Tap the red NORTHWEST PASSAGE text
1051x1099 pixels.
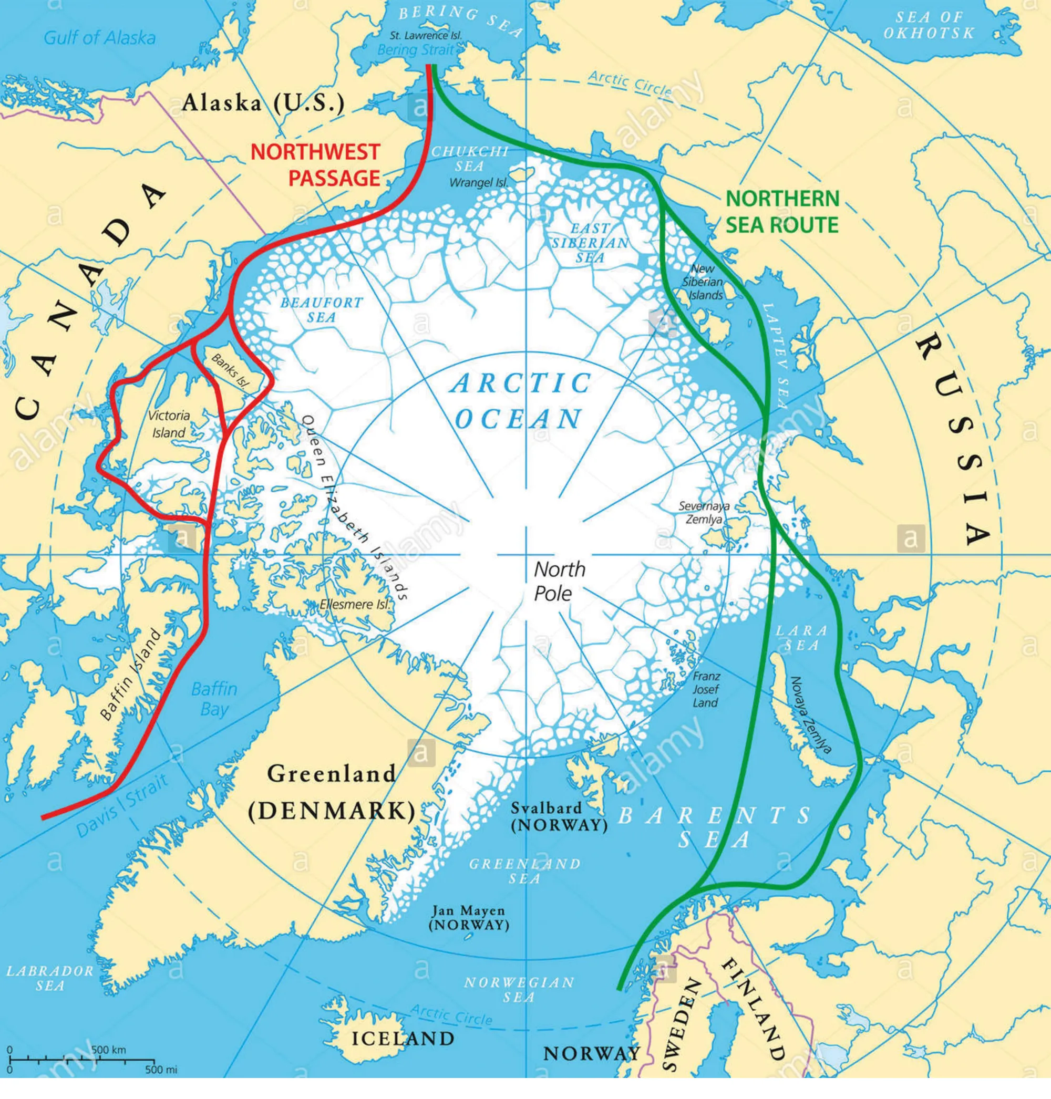pyautogui.click(x=315, y=165)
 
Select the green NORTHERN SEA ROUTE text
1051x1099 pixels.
pyautogui.click(x=782, y=212)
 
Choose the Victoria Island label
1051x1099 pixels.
pyautogui.click(x=169, y=424)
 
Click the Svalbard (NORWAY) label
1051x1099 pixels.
pyautogui.click(x=559, y=817)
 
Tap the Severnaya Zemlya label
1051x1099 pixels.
pyautogui.click(x=704, y=513)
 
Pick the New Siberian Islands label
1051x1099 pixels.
pyautogui.click(x=704, y=282)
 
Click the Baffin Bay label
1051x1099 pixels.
pyautogui.click(x=214, y=699)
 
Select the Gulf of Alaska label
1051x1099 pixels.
pyautogui.click(x=100, y=38)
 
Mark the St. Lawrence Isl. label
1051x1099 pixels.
pyautogui.click(x=426, y=35)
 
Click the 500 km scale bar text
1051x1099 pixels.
pyautogui.click(x=109, y=1050)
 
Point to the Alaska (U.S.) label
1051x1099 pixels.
pyautogui.click(x=263, y=103)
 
